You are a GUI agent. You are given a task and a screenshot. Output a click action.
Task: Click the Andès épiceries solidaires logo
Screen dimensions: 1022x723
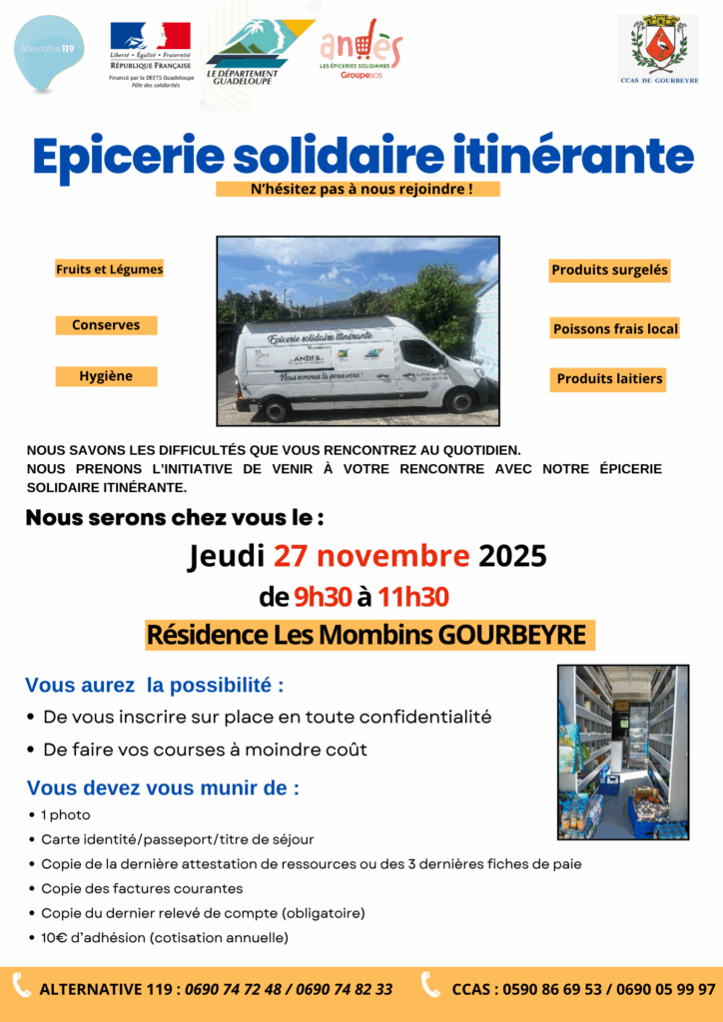point(361,48)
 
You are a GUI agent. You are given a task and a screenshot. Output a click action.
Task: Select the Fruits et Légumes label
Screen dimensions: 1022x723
point(110,269)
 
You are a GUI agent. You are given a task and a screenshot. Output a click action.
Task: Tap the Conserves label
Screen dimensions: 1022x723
point(106,325)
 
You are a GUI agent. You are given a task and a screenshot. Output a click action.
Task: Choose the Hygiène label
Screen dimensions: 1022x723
point(106,376)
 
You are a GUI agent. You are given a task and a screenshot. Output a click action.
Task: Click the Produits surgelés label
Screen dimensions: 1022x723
point(609,269)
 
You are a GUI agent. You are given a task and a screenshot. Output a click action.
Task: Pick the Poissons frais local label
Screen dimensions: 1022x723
point(615,328)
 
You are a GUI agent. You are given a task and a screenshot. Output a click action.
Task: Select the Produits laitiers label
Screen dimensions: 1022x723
point(609,379)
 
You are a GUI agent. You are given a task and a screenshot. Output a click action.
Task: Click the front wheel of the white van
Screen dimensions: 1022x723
point(460,401)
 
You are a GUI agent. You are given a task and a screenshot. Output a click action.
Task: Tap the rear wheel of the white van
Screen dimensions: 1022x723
point(276,409)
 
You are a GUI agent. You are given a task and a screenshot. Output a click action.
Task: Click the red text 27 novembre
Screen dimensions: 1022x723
point(371,555)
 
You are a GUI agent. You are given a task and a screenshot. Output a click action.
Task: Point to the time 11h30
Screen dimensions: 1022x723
point(412,598)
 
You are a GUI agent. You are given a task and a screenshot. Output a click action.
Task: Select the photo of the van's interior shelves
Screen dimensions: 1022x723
point(623,752)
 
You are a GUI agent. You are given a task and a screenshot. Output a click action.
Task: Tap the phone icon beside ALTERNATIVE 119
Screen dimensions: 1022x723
point(21,986)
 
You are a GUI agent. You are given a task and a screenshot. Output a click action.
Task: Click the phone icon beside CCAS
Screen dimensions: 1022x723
point(430,986)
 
